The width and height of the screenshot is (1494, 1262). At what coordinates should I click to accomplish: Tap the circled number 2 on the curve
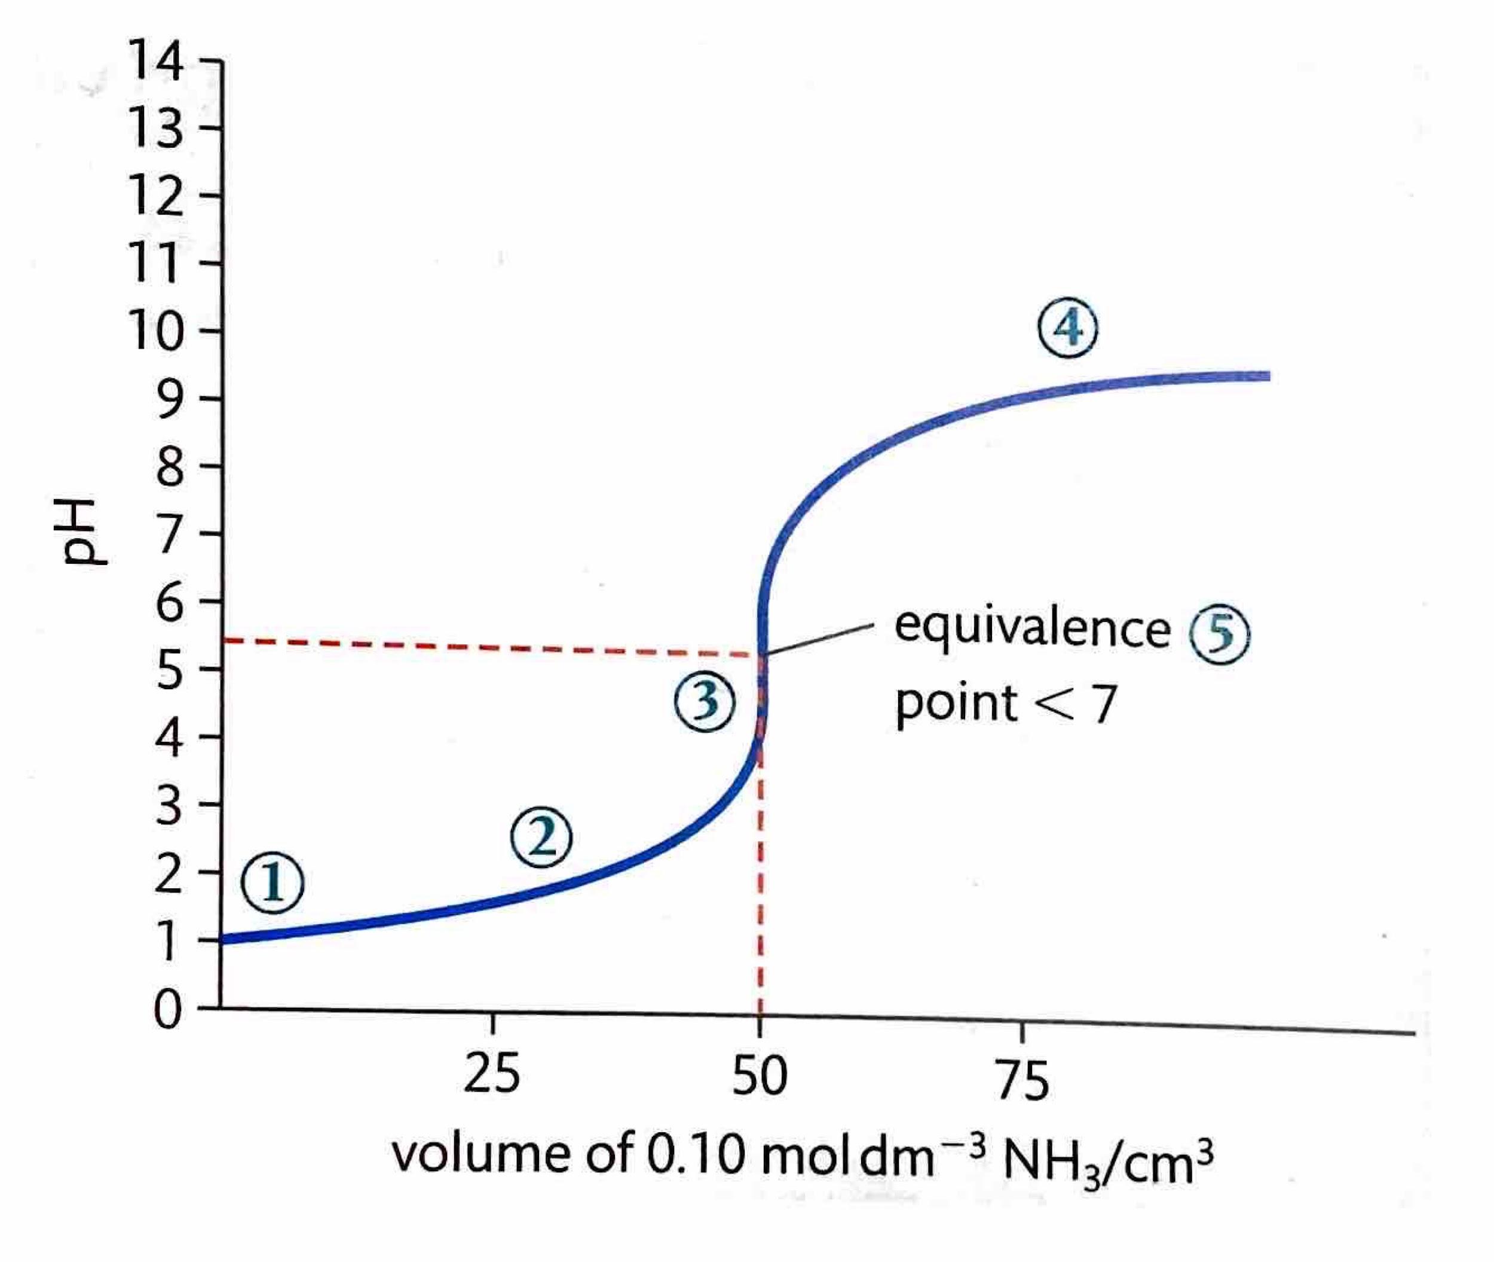541,837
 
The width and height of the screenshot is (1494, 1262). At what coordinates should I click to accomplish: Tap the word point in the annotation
956,704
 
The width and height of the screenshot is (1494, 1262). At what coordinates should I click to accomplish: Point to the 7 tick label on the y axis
170,533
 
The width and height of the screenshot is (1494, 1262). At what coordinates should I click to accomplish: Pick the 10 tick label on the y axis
155,331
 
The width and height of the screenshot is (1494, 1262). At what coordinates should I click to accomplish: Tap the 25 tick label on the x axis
491,1074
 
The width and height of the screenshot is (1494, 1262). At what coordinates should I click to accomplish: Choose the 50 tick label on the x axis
760,1076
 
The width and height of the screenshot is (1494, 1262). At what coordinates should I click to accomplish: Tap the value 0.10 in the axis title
696,1156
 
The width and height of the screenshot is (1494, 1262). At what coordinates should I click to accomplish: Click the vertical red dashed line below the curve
760,894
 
